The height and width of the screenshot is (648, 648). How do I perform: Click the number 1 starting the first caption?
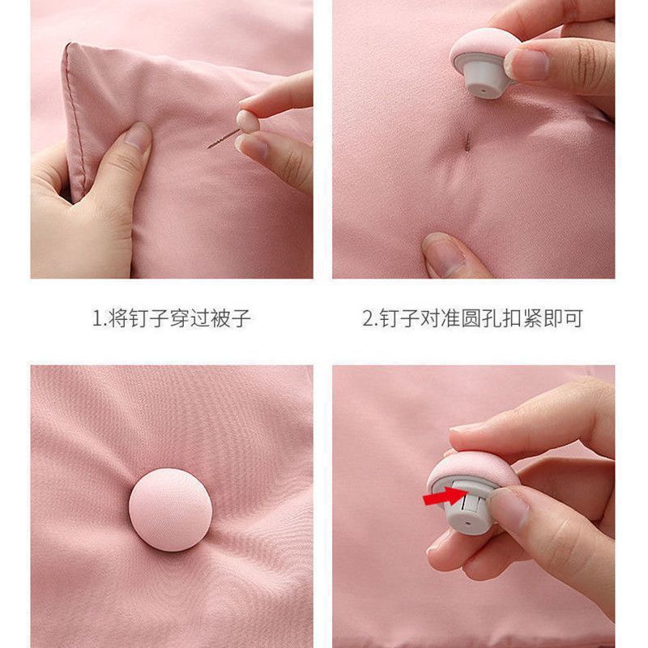95,318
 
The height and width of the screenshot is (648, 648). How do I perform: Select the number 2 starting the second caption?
367,318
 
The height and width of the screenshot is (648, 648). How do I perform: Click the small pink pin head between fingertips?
247,122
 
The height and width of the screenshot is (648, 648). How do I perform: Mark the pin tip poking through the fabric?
467,143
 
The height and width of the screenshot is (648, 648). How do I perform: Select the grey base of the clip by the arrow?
467,510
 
